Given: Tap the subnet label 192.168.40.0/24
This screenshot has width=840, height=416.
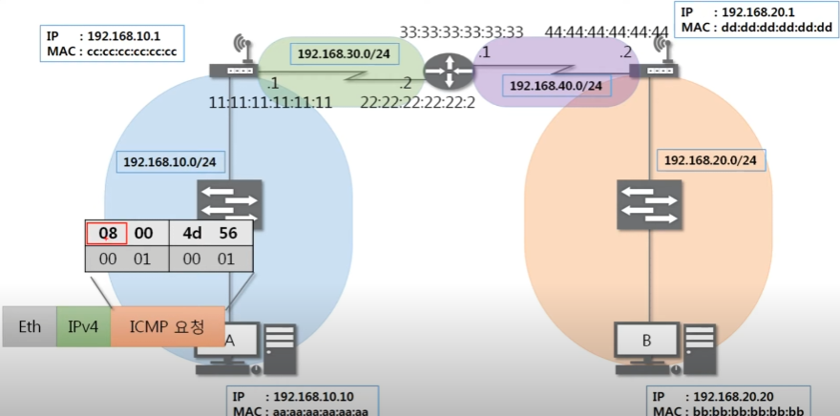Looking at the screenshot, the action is click(556, 86).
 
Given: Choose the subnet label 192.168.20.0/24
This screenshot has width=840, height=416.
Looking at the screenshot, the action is click(709, 160).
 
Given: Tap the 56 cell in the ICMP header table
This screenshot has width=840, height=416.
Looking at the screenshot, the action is click(228, 233).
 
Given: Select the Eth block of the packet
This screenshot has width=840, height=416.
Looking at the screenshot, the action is click(29, 326).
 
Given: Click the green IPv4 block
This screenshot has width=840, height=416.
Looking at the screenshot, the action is click(83, 326).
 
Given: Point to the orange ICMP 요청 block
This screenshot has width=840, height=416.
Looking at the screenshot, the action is click(167, 326).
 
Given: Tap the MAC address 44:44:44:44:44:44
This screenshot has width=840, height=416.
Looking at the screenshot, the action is click(606, 32).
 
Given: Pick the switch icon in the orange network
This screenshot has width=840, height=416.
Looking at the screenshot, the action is click(650, 203).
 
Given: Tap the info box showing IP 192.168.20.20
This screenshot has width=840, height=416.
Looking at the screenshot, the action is click(729, 402).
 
